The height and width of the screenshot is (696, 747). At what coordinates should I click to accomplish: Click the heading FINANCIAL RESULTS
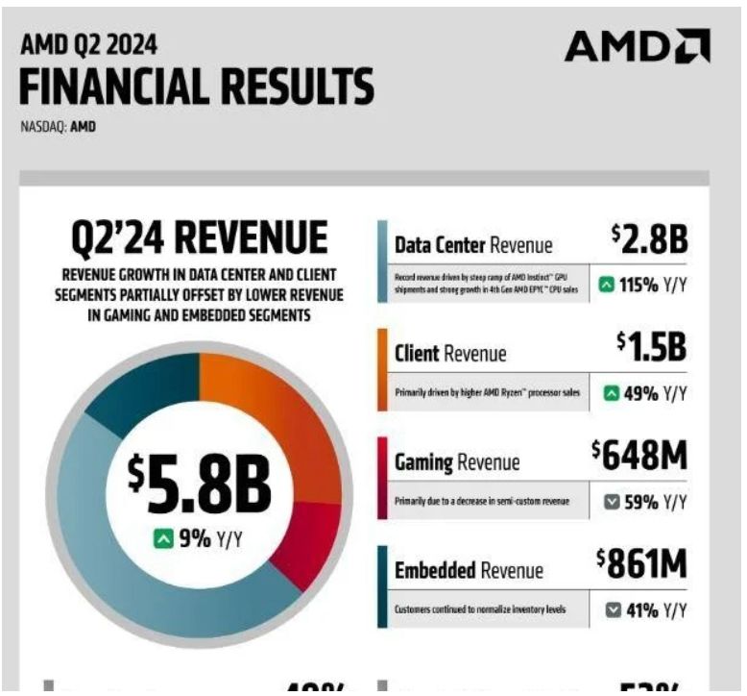pyautogui.click(x=197, y=88)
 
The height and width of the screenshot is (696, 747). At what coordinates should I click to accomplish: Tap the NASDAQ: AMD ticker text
pyautogui.click(x=58, y=126)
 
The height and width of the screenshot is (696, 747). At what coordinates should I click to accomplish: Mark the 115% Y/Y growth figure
pyautogui.click(x=642, y=285)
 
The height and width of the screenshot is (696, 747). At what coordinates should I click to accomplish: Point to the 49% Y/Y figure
pyautogui.click(x=642, y=392)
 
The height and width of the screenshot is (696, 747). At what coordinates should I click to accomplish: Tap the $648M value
pyautogui.click(x=639, y=456)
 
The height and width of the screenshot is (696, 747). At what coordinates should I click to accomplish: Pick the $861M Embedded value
pyautogui.click(x=640, y=564)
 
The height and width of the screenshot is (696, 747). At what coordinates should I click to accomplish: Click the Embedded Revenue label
pyautogui.click(x=469, y=571)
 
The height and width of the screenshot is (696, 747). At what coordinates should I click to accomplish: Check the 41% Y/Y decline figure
pyautogui.click(x=642, y=609)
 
